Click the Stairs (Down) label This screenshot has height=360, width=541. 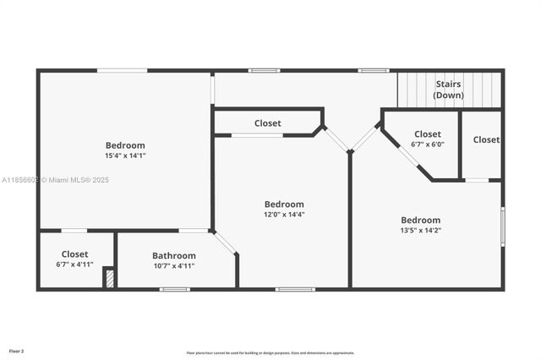449,90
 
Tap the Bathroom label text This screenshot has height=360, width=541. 174,255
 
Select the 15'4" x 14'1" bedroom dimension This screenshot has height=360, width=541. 125,155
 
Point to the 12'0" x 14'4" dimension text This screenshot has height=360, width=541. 284,215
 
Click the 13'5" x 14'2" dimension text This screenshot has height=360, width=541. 420,230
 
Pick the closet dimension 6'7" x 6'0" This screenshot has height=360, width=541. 427,145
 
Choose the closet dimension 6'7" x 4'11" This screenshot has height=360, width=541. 74,265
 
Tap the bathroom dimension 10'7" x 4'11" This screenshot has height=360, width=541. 174,265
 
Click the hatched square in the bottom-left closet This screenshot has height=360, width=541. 109,278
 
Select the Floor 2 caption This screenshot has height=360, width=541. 17,350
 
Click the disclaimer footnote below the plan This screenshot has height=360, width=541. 270,353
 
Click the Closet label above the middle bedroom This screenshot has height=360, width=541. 268,123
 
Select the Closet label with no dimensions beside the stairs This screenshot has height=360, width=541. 486,139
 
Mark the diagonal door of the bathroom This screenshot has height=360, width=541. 224,243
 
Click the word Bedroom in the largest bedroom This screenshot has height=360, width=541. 125,145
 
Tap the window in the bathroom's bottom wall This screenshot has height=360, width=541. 175,289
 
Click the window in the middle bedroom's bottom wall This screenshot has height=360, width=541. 295,289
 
